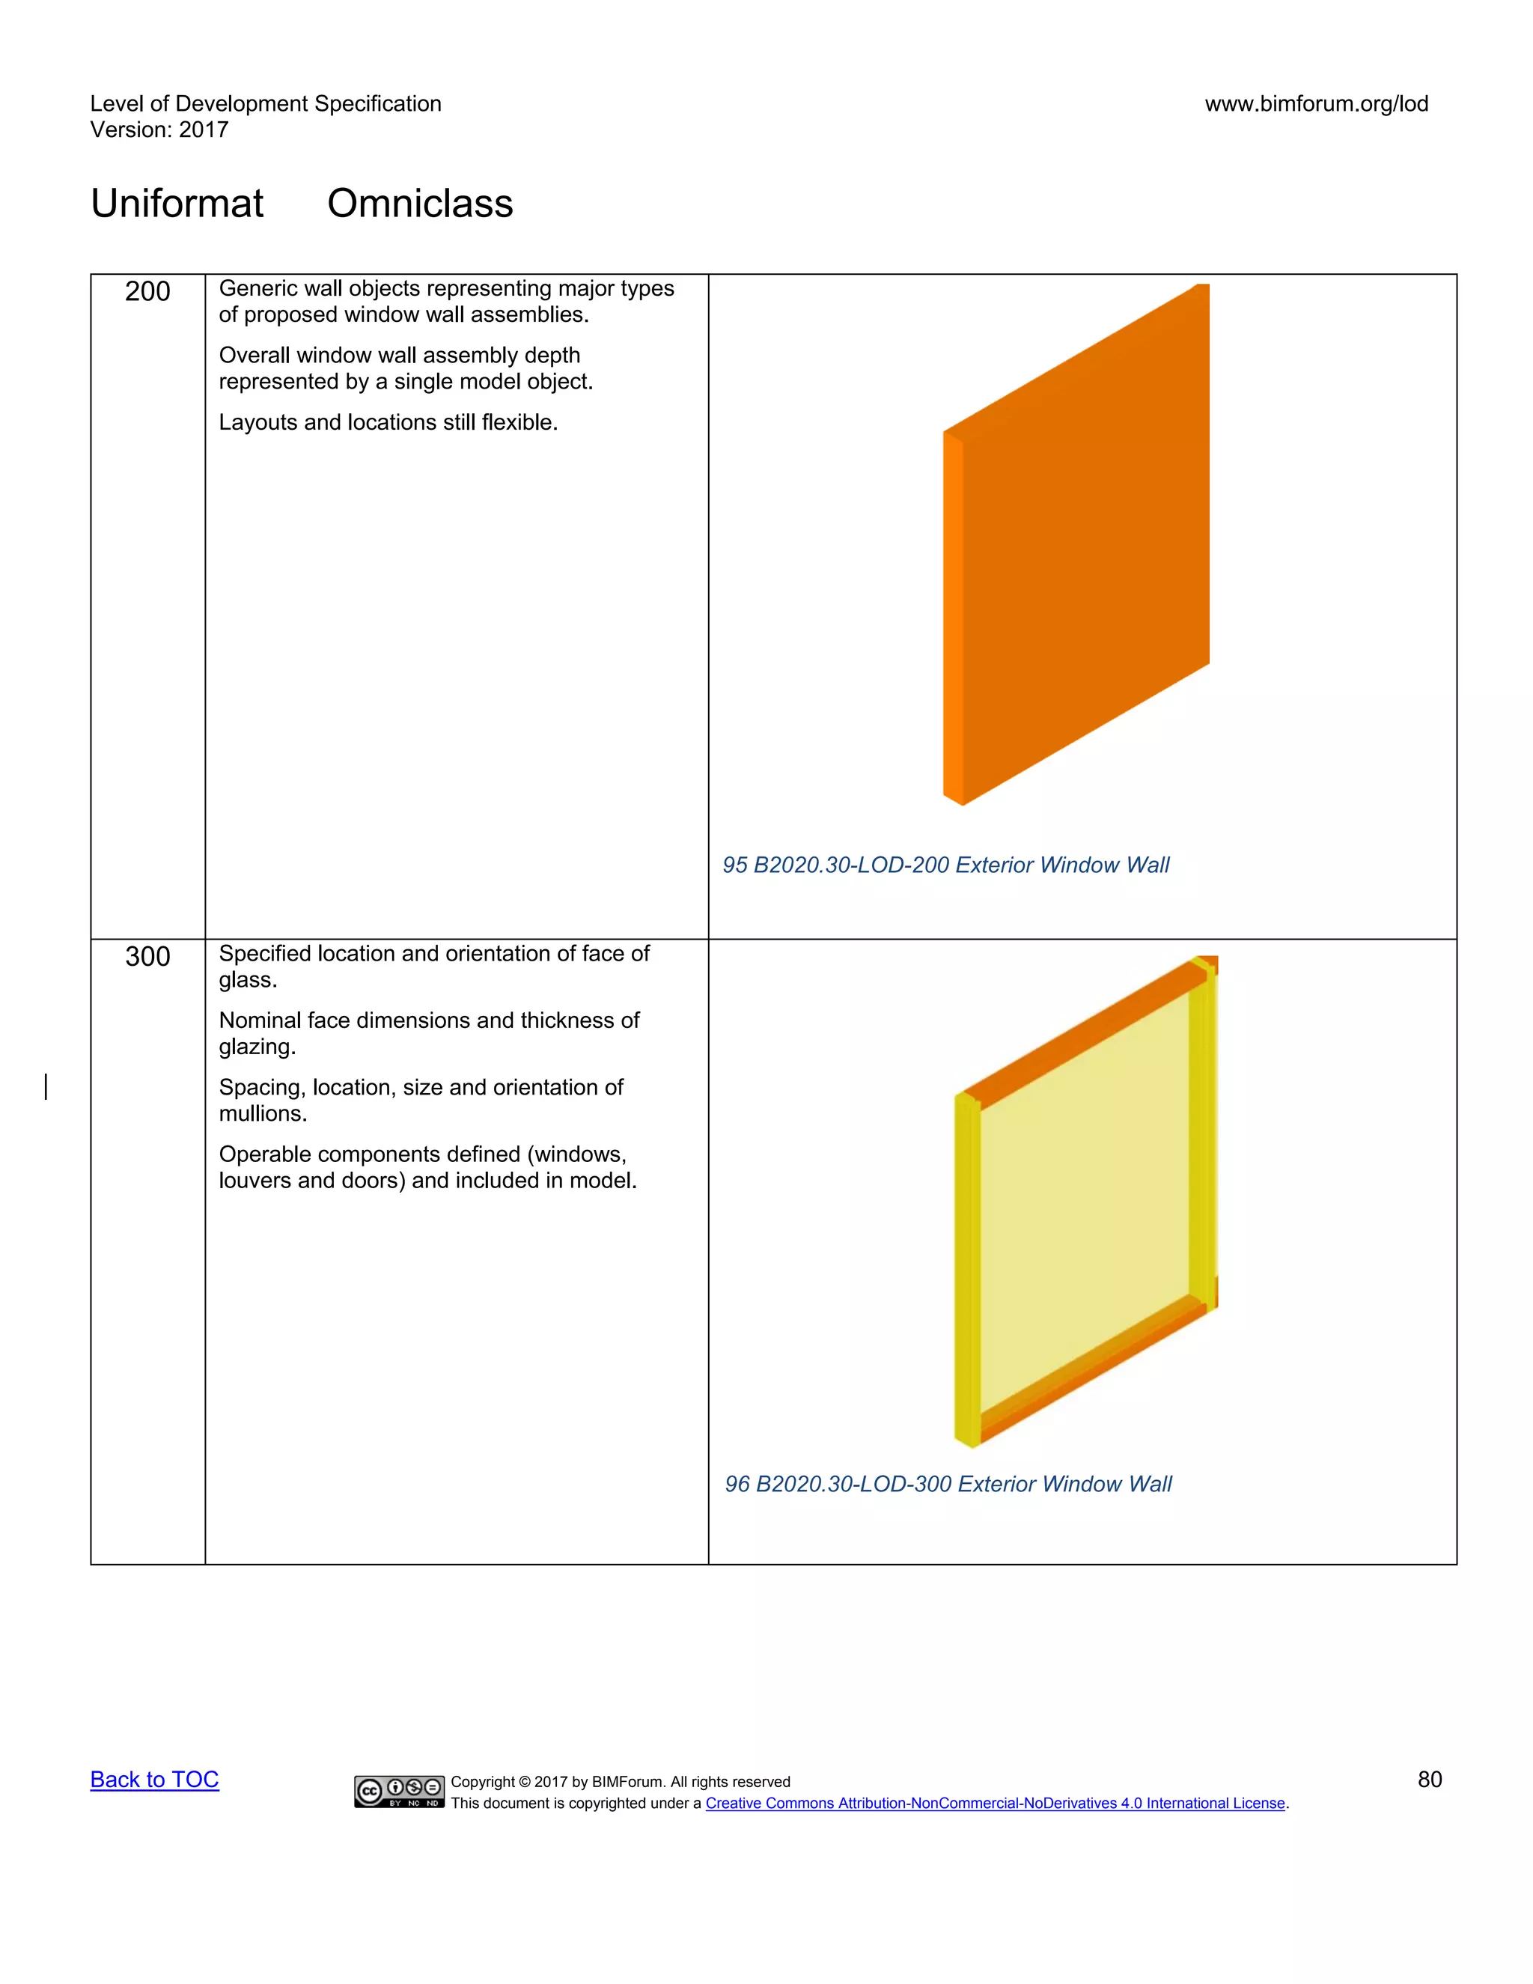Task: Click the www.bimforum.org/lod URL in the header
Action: pyautogui.click(x=1316, y=103)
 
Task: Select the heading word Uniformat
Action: pyautogui.click(x=177, y=204)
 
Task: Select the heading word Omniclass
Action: pyautogui.click(x=420, y=204)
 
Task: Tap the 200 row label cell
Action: pyautogui.click(x=147, y=291)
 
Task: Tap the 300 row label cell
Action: pyautogui.click(x=147, y=957)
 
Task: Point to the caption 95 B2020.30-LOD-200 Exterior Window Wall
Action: pyautogui.click(x=945, y=865)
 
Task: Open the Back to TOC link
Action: pyautogui.click(x=154, y=1780)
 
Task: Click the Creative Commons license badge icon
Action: pyautogui.click(x=400, y=1792)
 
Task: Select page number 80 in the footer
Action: pyautogui.click(x=1430, y=1780)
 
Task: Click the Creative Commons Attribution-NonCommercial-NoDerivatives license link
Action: pyautogui.click(x=995, y=1804)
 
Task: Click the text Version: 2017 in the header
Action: pyautogui.click(x=159, y=130)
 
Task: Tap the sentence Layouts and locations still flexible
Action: pyautogui.click(x=388, y=422)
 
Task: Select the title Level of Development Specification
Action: pyautogui.click(x=265, y=103)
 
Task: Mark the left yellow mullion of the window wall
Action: pyautogui.click(x=966, y=1272)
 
